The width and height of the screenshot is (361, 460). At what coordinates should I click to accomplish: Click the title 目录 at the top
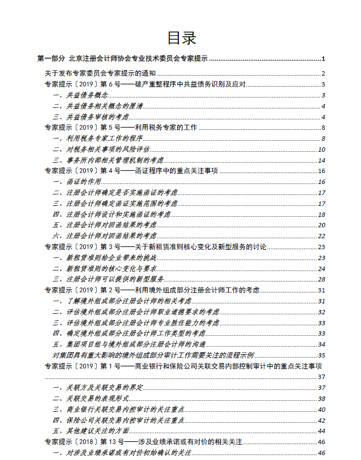tap(180, 38)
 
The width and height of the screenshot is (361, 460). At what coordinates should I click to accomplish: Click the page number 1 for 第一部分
tap(324, 59)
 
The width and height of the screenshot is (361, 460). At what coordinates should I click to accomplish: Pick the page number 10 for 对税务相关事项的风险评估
tap(322, 150)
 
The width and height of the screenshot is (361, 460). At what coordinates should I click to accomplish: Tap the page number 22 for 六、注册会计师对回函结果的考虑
tap(322, 236)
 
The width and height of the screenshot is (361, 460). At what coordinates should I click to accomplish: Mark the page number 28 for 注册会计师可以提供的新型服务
tap(322, 279)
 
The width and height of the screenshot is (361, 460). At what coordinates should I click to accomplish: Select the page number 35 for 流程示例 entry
tap(322, 355)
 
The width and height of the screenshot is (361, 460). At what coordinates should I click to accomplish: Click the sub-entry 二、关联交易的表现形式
tap(90, 399)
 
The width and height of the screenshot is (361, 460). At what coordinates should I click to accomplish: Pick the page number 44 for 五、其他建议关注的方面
tap(322, 431)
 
